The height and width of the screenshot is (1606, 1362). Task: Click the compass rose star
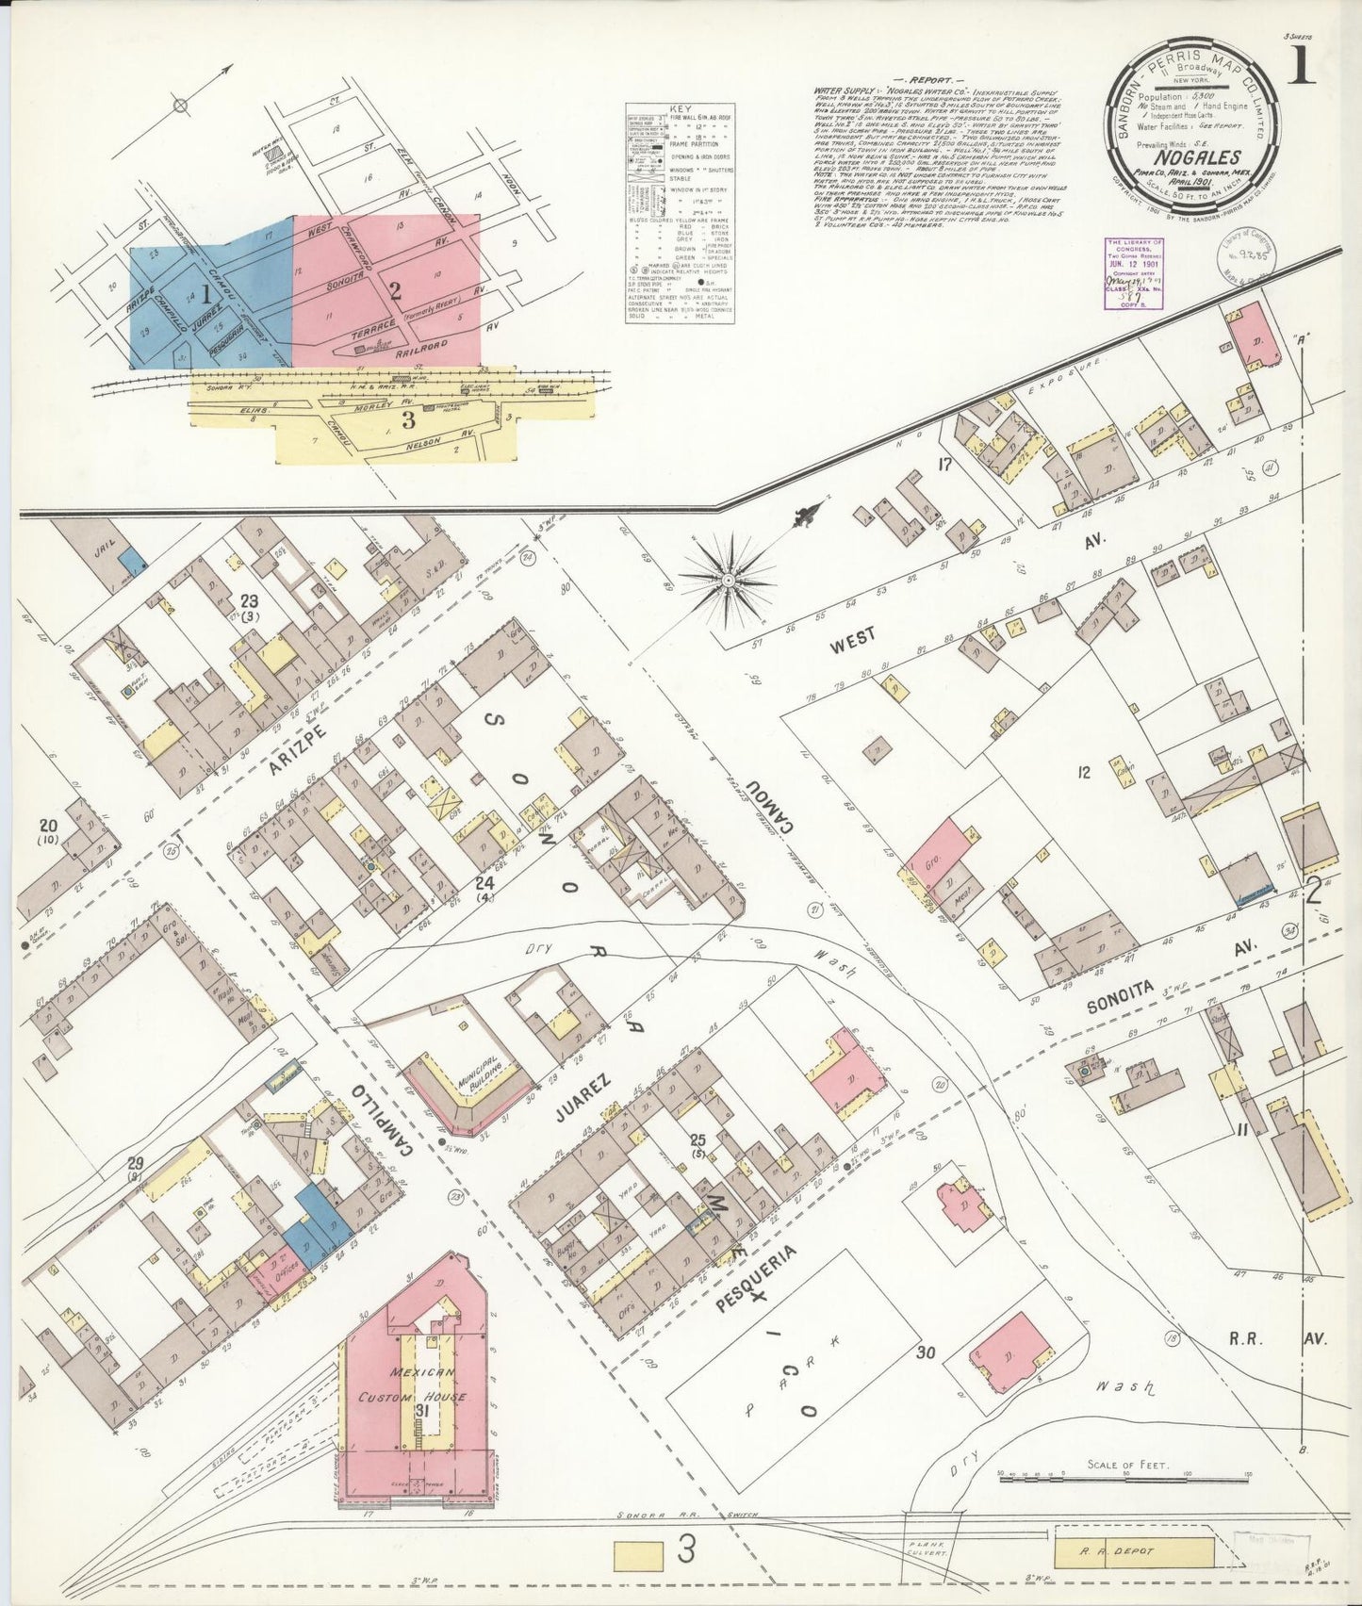728,579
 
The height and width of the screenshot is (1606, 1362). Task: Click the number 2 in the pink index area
396,292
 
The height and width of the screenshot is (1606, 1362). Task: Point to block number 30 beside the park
927,1352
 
